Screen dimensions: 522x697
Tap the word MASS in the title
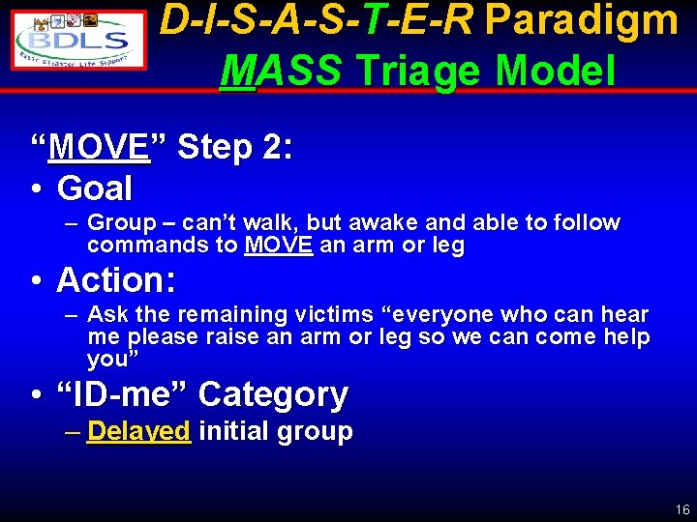(x=281, y=71)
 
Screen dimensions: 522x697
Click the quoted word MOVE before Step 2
(x=99, y=148)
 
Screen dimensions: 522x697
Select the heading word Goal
(x=94, y=187)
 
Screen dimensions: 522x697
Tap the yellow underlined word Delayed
(x=138, y=431)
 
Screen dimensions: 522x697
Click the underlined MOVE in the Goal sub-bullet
(x=278, y=246)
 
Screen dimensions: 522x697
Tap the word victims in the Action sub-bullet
(x=297, y=315)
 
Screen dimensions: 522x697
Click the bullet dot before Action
(x=35, y=280)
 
